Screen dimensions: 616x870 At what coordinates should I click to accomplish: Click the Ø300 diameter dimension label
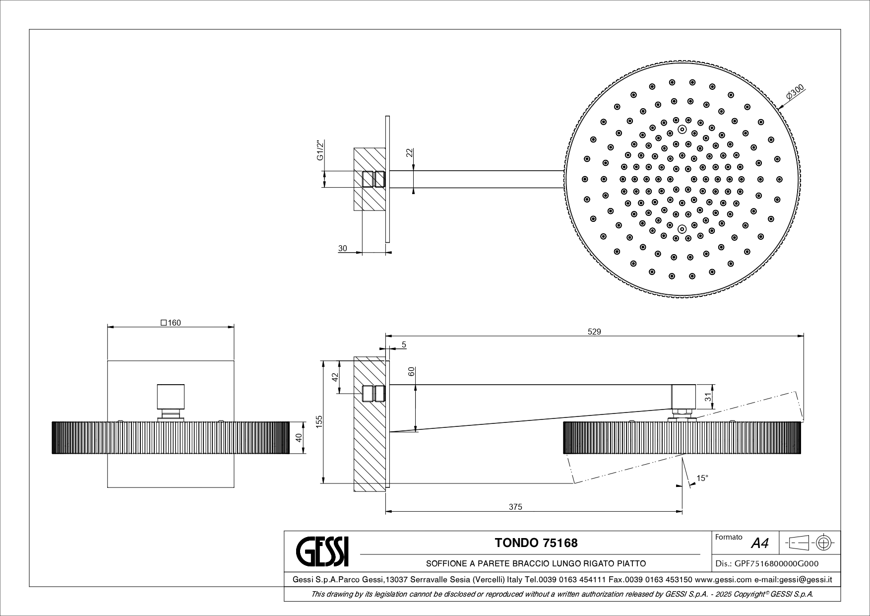click(x=795, y=94)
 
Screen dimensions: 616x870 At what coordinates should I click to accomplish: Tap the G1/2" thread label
click(x=320, y=150)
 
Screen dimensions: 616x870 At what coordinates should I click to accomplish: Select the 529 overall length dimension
click(x=594, y=332)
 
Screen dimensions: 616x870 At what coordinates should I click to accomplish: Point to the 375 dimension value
click(x=516, y=507)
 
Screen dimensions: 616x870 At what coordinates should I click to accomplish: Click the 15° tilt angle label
click(x=702, y=478)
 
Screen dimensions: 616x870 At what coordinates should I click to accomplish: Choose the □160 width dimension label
click(x=171, y=323)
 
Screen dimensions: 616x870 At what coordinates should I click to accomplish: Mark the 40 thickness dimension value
click(x=298, y=437)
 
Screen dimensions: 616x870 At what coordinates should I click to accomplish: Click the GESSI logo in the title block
click(x=322, y=551)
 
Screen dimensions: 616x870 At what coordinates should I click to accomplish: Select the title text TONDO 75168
click(x=536, y=543)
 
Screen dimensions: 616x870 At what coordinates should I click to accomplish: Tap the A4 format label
click(x=760, y=544)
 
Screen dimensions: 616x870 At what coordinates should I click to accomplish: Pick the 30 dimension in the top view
click(x=342, y=249)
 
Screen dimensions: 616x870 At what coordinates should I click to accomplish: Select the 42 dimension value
click(x=335, y=377)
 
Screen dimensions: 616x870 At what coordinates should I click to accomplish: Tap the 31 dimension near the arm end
click(x=709, y=397)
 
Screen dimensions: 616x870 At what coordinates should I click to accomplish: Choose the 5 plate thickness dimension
click(x=404, y=344)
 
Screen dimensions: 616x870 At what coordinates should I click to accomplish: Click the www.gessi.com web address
click(x=723, y=579)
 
